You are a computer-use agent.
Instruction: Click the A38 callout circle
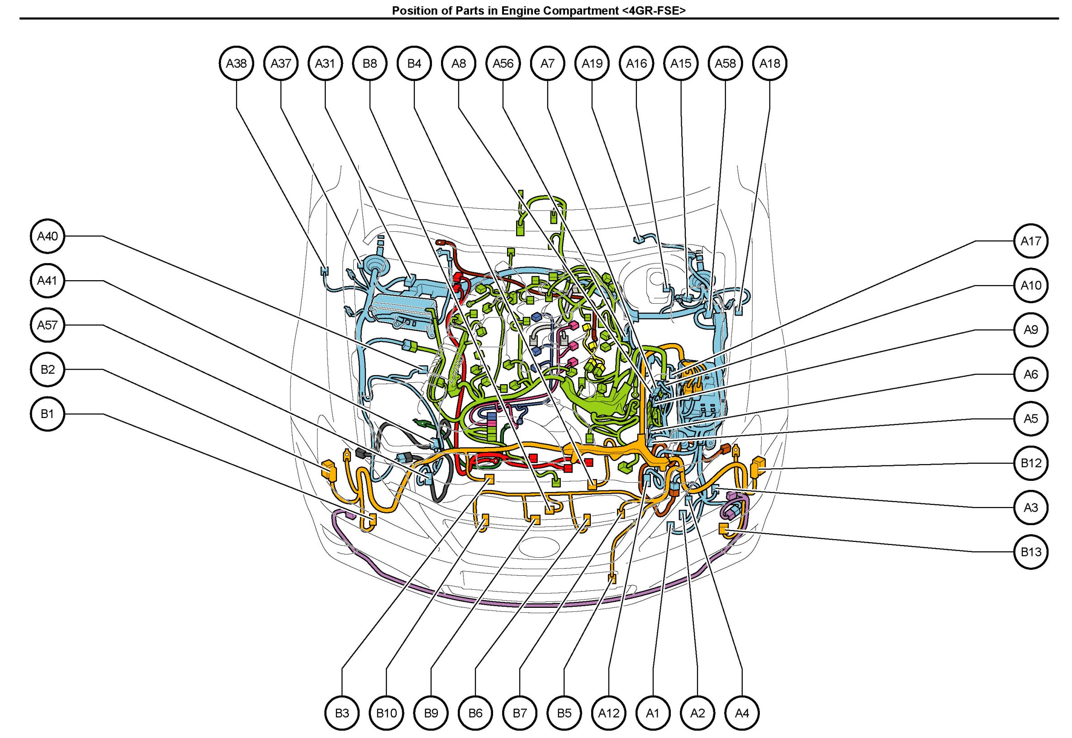click(x=236, y=63)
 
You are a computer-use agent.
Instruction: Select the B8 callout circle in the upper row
click(x=370, y=63)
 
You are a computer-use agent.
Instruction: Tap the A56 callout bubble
click(x=503, y=63)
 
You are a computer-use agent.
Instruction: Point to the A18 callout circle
click(x=770, y=63)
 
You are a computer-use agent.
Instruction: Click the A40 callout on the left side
click(x=47, y=236)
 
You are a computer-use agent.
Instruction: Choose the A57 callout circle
click(x=47, y=325)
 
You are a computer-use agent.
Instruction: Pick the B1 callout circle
click(x=47, y=414)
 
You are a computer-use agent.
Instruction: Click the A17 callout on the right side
click(x=1031, y=241)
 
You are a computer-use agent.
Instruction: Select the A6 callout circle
click(x=1031, y=374)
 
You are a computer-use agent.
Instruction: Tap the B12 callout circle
click(x=1031, y=463)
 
